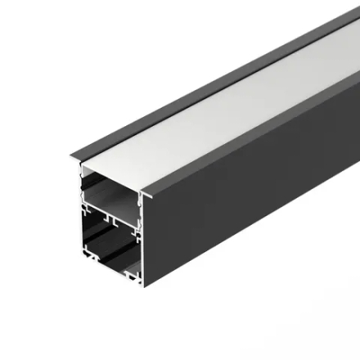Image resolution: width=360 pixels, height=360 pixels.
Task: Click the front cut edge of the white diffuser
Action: coord(110,173)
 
